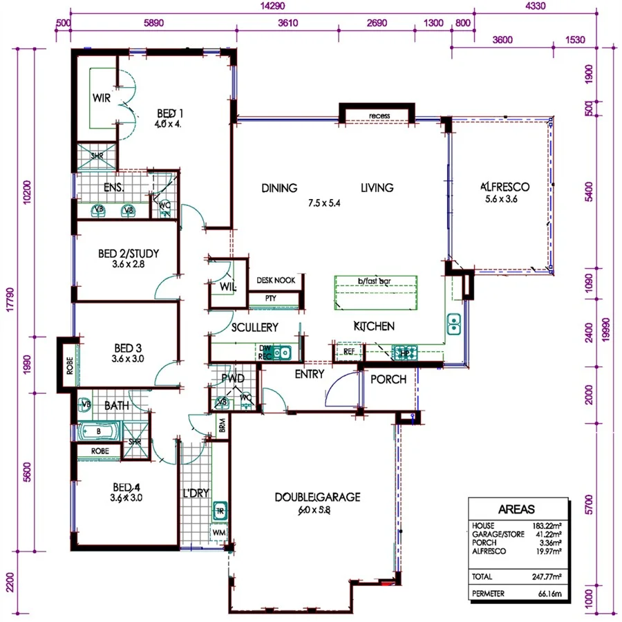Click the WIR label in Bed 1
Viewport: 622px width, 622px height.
[x=102, y=97]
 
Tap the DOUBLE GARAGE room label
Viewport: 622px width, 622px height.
[x=317, y=497]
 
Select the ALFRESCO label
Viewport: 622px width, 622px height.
[x=505, y=187]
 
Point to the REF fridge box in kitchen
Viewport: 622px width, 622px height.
[x=348, y=352]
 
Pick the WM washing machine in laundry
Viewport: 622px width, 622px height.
[x=219, y=533]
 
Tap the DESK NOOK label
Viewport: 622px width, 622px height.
[x=276, y=280]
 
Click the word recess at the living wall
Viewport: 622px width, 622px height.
[x=379, y=115]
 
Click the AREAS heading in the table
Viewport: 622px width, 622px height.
[x=518, y=509]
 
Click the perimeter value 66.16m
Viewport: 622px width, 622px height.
[x=548, y=593]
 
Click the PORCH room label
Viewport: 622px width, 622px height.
[x=388, y=380]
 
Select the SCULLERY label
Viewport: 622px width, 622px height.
[x=255, y=327]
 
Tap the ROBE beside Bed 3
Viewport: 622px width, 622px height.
[x=69, y=364]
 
